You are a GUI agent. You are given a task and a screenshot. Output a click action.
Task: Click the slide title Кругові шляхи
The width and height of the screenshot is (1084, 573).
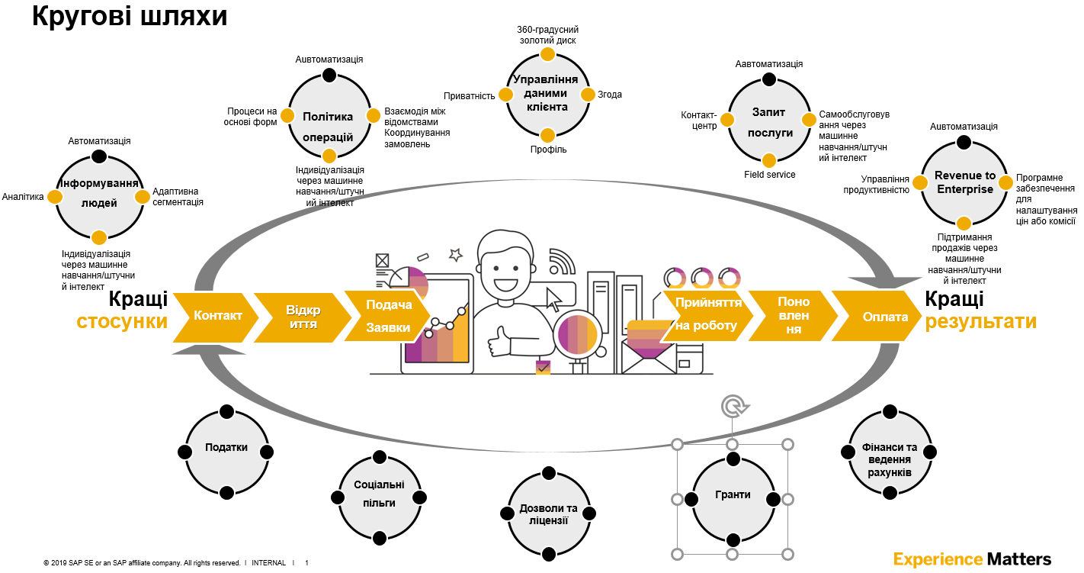[x=130, y=17]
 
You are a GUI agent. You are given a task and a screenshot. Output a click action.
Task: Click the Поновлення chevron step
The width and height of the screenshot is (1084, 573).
[x=794, y=316]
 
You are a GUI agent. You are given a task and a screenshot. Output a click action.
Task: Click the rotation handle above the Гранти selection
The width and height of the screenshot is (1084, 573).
[x=733, y=406]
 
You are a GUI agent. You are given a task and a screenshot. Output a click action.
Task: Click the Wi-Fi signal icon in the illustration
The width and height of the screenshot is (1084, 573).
[x=562, y=261]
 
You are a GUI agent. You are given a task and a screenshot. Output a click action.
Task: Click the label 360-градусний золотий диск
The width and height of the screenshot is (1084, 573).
[x=547, y=34]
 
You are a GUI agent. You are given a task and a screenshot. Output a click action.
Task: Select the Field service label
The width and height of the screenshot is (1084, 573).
[x=769, y=175]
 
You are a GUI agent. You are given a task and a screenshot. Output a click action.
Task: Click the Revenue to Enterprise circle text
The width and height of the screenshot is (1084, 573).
[x=964, y=182]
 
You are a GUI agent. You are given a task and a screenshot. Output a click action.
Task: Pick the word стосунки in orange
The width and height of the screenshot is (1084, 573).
[x=122, y=321]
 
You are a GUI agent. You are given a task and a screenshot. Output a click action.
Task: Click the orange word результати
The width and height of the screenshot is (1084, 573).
[x=981, y=321]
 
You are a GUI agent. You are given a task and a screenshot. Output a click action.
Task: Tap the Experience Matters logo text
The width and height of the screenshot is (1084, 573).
[x=972, y=559]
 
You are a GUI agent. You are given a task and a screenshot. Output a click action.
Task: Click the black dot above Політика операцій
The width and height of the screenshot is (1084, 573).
[x=329, y=75]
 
